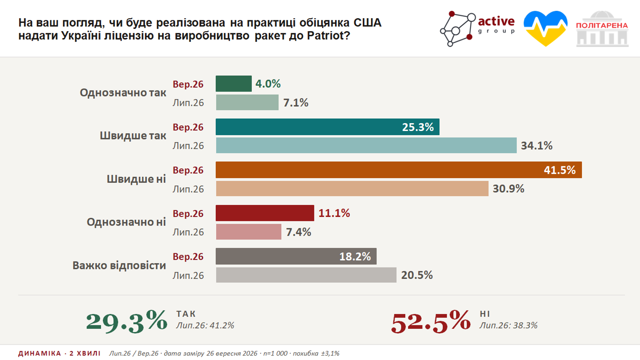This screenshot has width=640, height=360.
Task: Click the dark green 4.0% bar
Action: click(234, 84)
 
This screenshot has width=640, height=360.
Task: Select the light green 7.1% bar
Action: click(247, 102)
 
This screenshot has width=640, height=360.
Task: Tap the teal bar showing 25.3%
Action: click(327, 127)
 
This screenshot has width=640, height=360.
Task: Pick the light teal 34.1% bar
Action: click(366, 145)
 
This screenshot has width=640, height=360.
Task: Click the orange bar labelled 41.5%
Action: click(399, 170)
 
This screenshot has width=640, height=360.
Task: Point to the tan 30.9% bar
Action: click(352, 188)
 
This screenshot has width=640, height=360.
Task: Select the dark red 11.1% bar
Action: click(265, 213)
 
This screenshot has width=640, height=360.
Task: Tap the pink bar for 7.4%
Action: click(249, 232)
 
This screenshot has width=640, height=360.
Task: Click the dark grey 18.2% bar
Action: click(296, 256)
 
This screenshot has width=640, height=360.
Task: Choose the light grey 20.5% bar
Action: click(306, 275)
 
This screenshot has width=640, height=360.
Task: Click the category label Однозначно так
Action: click(123, 92)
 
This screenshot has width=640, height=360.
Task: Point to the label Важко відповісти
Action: click(119, 265)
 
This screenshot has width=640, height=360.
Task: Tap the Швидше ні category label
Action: click(136, 179)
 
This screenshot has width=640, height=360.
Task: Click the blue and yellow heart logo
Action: click(545, 29)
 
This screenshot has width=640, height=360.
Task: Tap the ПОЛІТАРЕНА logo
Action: click(602, 29)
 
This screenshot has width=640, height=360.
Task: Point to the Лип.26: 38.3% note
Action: click(508, 325)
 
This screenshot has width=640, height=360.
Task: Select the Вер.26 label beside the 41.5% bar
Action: click(188, 170)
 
